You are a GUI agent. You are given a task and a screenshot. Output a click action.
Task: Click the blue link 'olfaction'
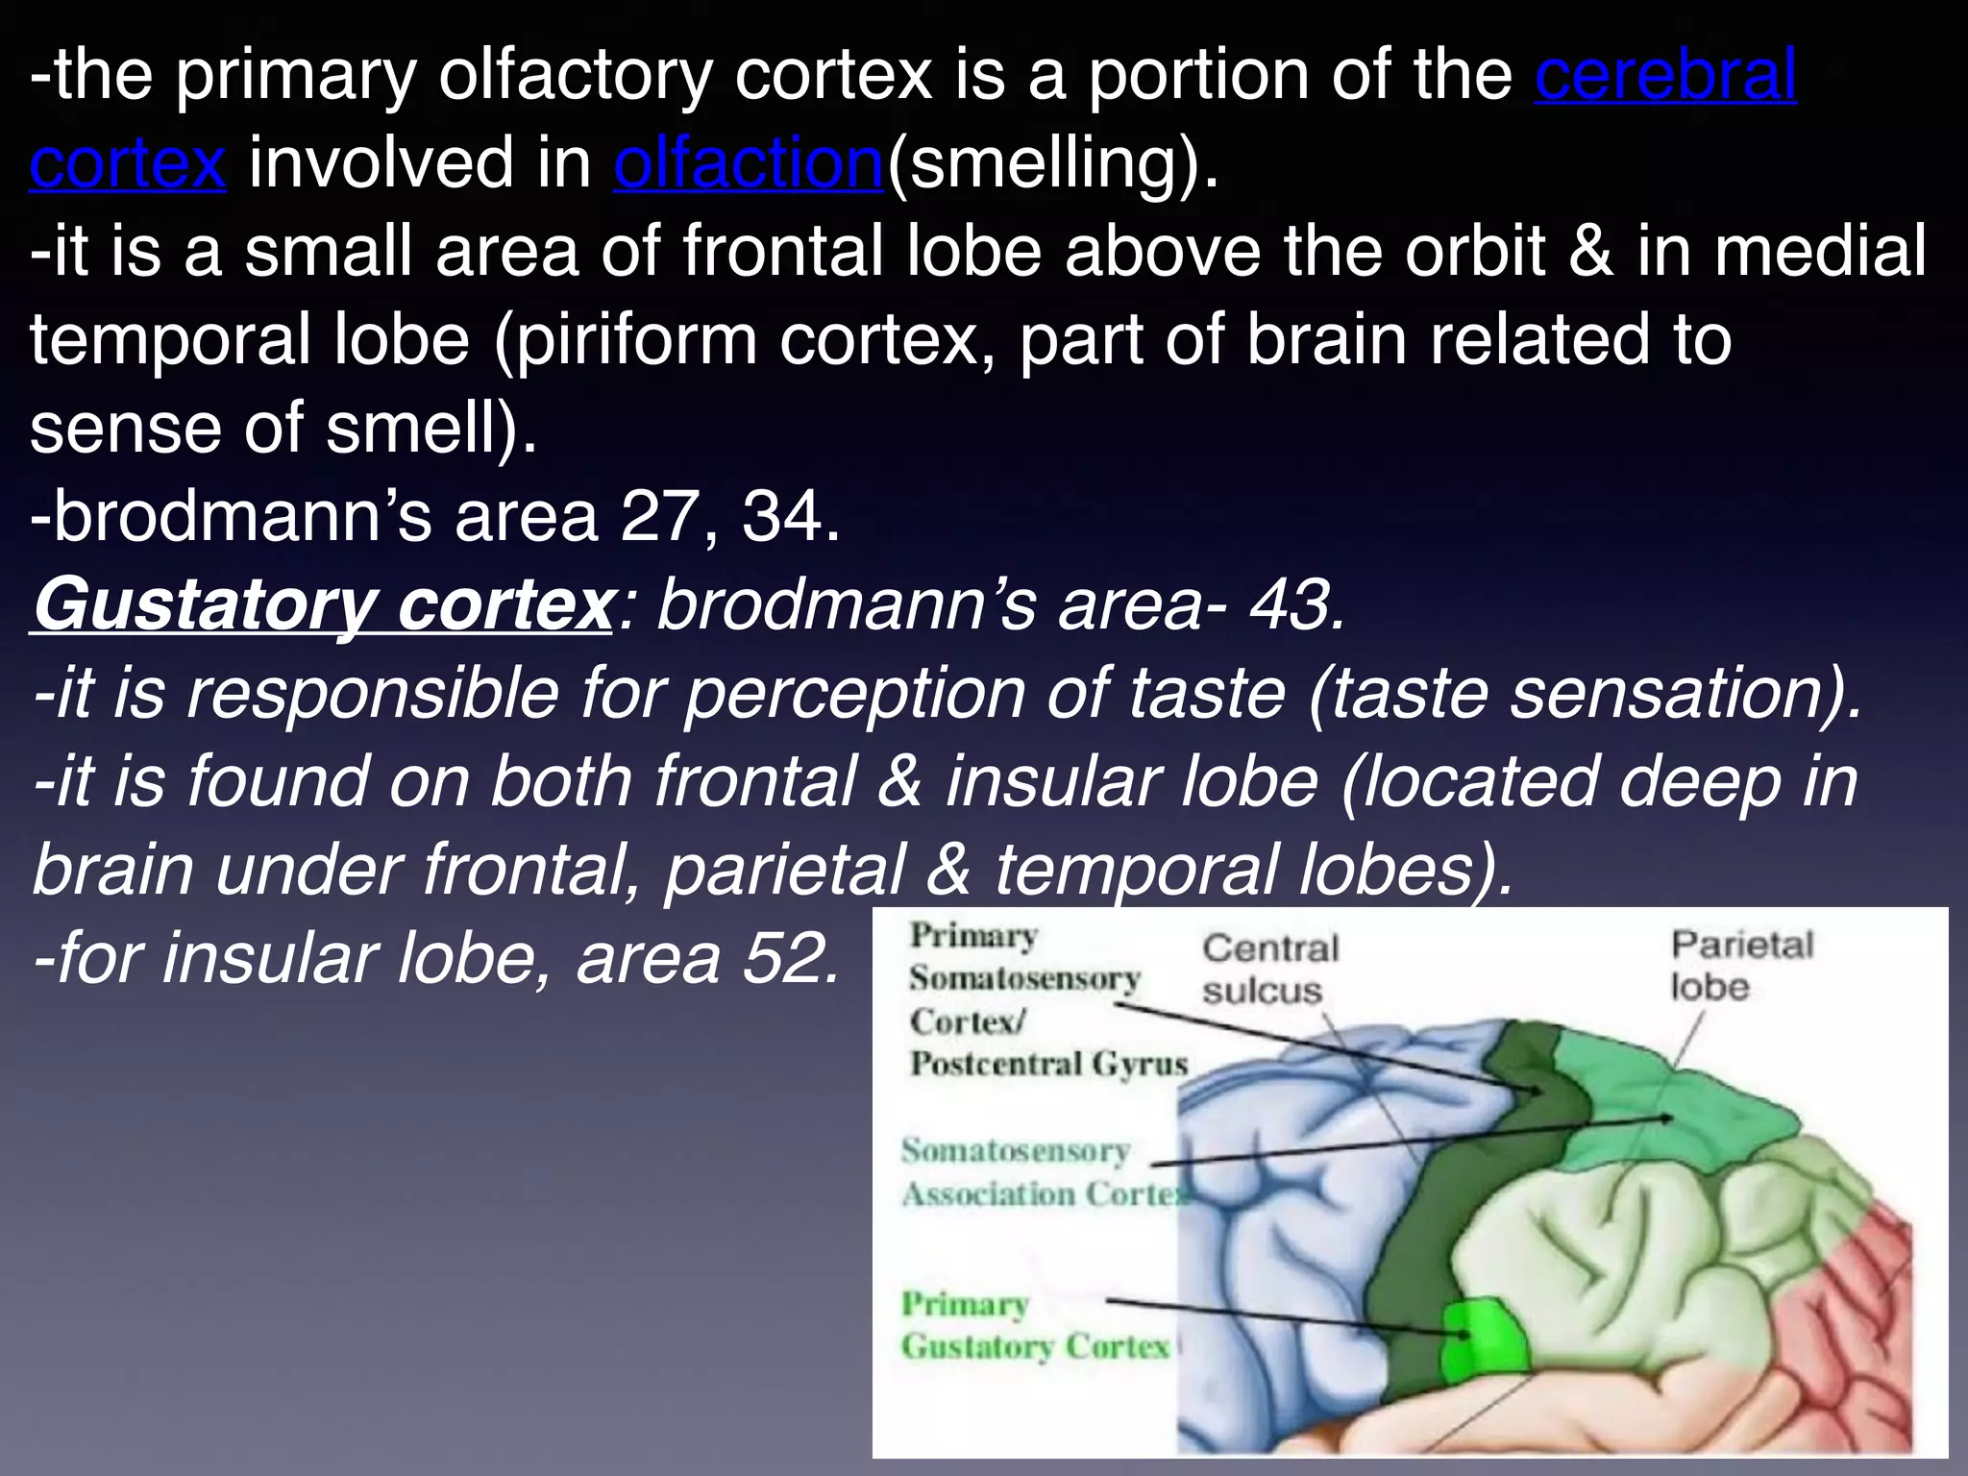click(748, 163)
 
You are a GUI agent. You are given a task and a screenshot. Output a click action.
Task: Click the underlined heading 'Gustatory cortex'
click(322, 605)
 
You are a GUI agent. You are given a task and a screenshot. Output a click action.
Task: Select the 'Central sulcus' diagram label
click(1268, 969)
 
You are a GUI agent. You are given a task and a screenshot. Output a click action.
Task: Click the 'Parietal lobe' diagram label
click(1740, 965)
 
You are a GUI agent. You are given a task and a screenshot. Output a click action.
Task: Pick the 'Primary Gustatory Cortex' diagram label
click(1034, 1326)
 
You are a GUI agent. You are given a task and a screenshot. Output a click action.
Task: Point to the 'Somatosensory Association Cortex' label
click(1044, 1172)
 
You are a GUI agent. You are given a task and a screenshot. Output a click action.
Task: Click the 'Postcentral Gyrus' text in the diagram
click(1048, 1064)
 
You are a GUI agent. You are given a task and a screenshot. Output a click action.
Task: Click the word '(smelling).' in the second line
click(1051, 163)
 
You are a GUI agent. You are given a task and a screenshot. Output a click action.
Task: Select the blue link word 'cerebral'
click(1665, 75)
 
